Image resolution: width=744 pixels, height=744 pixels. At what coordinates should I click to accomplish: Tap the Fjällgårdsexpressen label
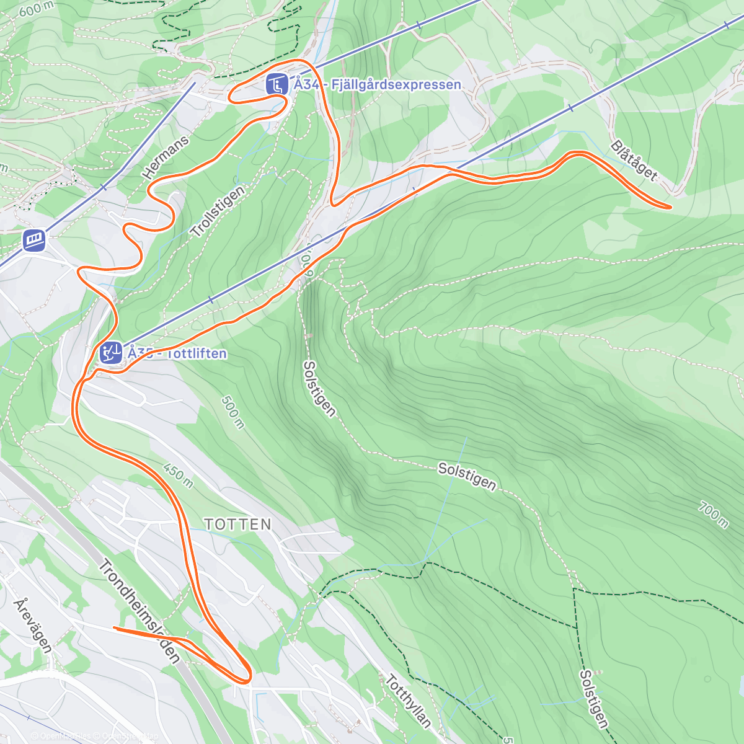pos(378,84)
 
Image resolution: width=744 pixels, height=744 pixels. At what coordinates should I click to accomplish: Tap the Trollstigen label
pos(218,211)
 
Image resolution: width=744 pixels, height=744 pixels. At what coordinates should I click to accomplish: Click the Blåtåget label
pos(633,160)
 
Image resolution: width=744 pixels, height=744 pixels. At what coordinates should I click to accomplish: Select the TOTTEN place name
pos(238,525)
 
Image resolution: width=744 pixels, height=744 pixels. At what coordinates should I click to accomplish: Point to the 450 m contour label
pos(179,474)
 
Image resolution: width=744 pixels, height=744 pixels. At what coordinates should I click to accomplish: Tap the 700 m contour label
pos(713,515)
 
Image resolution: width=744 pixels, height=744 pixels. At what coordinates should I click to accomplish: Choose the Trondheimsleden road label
pos(139,611)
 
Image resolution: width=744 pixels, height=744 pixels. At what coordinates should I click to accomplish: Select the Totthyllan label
pos(407,701)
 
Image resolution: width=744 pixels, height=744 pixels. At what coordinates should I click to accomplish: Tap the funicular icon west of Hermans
pos(33,240)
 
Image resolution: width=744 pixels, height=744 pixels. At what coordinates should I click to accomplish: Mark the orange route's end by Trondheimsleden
pos(115,628)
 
